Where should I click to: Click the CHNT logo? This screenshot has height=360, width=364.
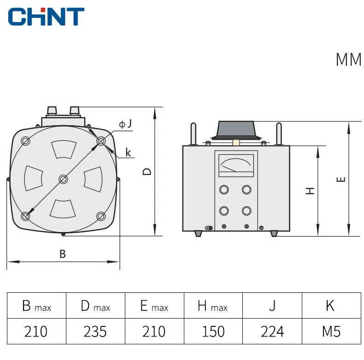click(x=46, y=17)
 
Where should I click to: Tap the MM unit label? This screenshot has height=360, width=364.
click(x=349, y=59)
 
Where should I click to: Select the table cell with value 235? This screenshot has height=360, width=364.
click(x=95, y=331)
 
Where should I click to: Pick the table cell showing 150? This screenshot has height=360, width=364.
click(x=213, y=331)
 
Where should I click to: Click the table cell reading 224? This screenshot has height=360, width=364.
click(x=272, y=331)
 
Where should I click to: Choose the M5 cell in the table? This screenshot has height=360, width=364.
click(x=331, y=331)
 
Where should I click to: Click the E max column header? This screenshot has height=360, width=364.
click(x=154, y=306)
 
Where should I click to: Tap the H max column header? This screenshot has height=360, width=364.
click(x=213, y=306)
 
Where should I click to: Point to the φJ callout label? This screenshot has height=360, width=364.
click(x=125, y=124)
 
